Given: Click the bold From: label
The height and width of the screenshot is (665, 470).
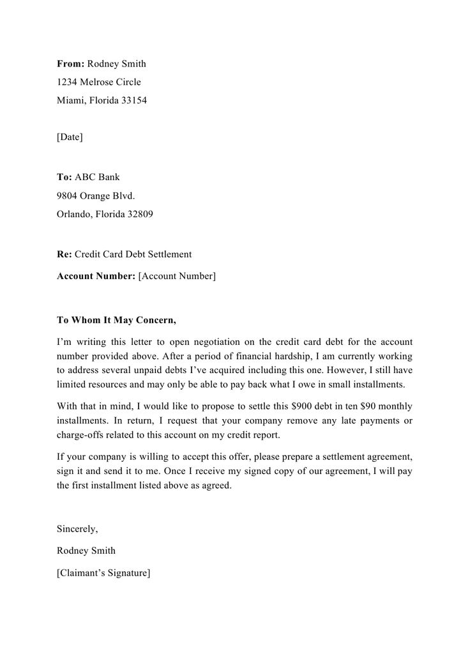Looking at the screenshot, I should (70, 64).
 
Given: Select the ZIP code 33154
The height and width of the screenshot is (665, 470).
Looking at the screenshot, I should (134, 101).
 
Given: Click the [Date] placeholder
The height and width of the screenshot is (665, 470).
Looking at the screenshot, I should (70, 137).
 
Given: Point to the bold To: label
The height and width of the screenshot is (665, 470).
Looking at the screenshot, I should (64, 178).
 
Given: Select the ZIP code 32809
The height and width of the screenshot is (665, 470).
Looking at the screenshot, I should (140, 215).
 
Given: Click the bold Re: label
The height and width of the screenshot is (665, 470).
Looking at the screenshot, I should (64, 254).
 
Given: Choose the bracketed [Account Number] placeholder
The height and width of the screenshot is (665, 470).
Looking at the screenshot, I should (177, 276).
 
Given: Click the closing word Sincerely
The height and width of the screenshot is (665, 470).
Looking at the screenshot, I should (77, 529).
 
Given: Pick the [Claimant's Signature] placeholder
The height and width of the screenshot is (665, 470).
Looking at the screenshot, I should (103, 573).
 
